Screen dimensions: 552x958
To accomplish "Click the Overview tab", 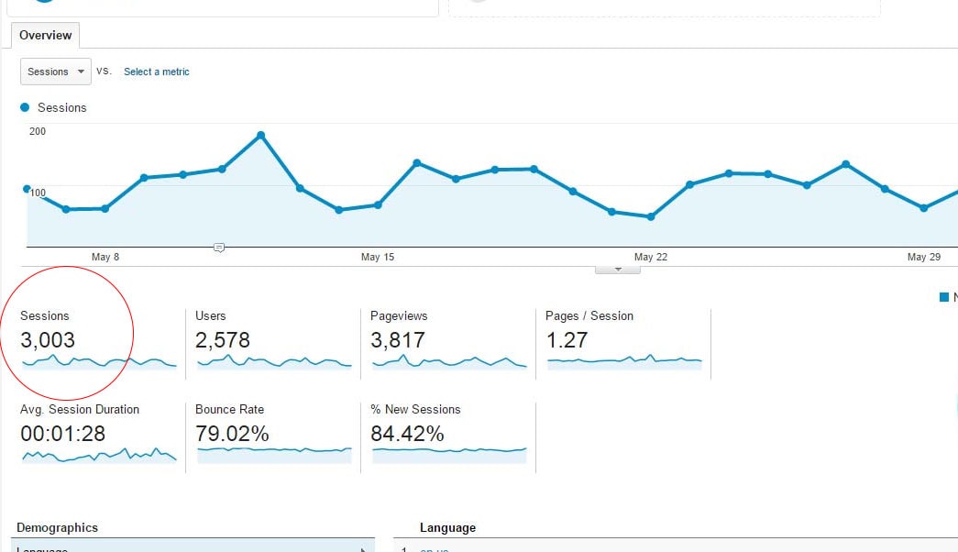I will click(45, 36).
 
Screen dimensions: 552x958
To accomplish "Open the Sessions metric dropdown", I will click(56, 72).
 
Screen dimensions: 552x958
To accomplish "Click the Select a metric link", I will click(157, 72).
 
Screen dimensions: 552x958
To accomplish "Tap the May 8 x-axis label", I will click(105, 258).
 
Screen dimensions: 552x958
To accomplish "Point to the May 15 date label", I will click(377, 258).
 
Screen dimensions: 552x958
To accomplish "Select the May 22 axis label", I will click(650, 258).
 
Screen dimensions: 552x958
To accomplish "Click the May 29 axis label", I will click(923, 258).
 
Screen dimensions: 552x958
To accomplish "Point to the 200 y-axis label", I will click(38, 131).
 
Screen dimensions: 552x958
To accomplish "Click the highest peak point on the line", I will click(261, 135).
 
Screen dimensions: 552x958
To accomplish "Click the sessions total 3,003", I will click(48, 340).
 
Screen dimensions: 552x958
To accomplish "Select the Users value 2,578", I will click(223, 340).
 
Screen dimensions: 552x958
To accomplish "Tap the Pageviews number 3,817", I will click(398, 340).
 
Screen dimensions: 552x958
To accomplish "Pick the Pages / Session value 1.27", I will click(567, 340).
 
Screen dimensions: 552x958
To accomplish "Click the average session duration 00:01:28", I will click(63, 434).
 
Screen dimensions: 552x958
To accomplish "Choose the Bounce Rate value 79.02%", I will click(232, 434).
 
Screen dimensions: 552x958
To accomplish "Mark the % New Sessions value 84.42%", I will click(407, 434).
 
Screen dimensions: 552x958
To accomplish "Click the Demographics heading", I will click(57, 527).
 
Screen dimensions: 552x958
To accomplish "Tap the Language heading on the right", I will click(447, 527).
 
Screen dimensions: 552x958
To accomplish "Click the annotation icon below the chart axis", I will click(219, 248).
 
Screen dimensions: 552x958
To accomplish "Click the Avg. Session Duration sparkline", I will click(99, 455).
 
